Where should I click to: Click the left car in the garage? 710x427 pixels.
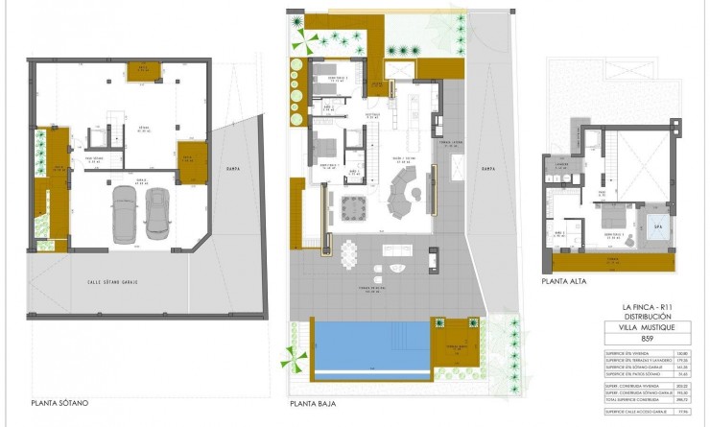point(124,213)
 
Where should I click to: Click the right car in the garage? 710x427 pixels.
point(156,213)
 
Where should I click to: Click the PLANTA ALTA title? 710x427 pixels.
point(563,282)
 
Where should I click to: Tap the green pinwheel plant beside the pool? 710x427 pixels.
point(292,359)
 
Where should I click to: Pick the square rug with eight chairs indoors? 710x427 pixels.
point(353,205)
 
